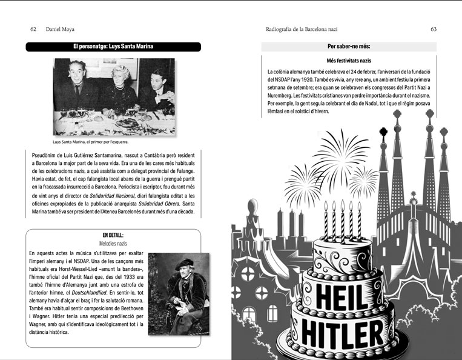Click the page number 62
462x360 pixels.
pos(34,29)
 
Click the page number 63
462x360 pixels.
pos(434,29)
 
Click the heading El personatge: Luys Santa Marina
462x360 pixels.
pos(113,47)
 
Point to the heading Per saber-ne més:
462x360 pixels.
pos(348,47)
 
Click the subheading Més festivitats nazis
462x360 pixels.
pos(348,61)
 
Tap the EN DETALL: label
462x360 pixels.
pos(113,235)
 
